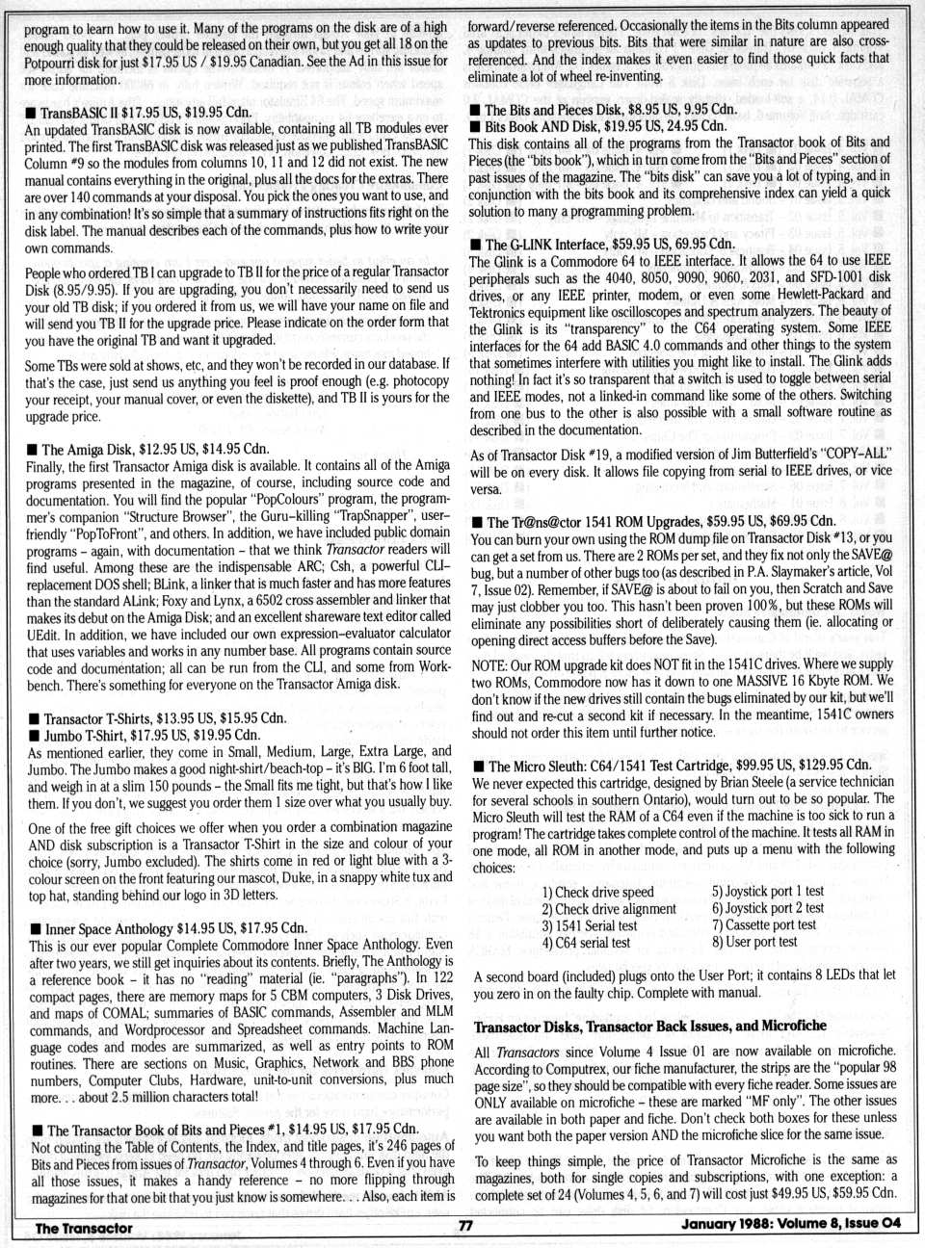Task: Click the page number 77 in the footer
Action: tap(464, 1226)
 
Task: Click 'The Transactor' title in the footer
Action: tap(84, 1228)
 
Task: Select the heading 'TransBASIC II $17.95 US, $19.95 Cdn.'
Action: tap(145, 113)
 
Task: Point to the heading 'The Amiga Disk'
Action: tap(90, 449)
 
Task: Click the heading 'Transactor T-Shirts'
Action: tap(106, 718)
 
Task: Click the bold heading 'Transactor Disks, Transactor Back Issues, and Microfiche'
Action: tap(650, 1026)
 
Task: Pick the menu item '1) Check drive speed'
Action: tap(597, 892)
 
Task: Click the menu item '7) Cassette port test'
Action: tap(763, 924)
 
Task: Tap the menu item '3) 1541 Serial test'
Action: tap(590, 925)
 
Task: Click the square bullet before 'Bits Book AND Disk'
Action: tap(475, 126)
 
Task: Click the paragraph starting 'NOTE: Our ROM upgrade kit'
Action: tap(681, 698)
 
